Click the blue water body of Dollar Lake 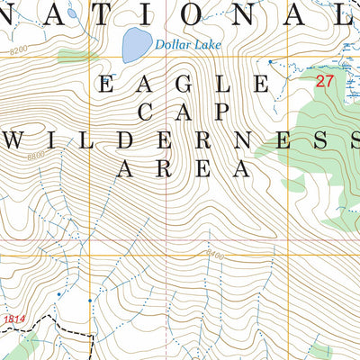click(135, 43)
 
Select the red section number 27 click(324, 81)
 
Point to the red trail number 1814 click(13, 319)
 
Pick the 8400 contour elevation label click(214, 256)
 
